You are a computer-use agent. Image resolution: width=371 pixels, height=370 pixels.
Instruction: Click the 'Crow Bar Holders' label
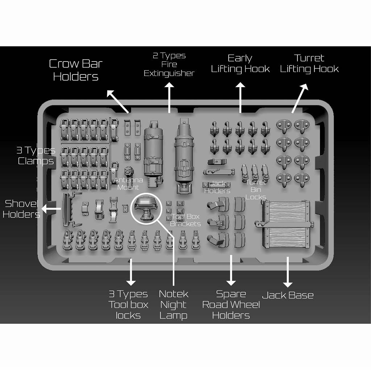pyautogui.click(x=76, y=70)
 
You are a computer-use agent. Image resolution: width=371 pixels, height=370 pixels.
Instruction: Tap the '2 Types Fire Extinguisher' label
pyautogui.click(x=169, y=64)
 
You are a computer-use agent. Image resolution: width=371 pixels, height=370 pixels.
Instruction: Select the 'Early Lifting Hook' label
pyautogui.click(x=240, y=64)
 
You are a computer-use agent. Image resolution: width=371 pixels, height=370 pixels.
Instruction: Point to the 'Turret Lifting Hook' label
pyautogui.click(x=309, y=64)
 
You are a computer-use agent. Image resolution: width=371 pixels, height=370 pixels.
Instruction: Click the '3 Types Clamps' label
pyautogui.click(x=36, y=156)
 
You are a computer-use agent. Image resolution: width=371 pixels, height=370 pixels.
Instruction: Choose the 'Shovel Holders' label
pyautogui.click(x=21, y=209)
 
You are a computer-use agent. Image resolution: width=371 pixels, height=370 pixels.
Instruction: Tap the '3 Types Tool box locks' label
pyautogui.click(x=128, y=305)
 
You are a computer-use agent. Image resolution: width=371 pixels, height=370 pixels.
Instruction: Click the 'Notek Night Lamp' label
pyautogui.click(x=174, y=305)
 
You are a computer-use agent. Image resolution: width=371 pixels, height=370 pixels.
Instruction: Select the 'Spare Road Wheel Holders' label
pyautogui.click(x=231, y=305)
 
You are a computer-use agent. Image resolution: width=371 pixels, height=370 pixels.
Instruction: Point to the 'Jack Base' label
pyautogui.click(x=288, y=295)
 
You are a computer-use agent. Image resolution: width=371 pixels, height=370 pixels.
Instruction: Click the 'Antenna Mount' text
pyautogui.click(x=128, y=184)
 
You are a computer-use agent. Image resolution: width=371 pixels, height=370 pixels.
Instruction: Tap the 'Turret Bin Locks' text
pyautogui.click(x=255, y=190)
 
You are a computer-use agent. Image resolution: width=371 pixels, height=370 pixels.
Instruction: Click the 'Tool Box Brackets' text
pyautogui.click(x=185, y=220)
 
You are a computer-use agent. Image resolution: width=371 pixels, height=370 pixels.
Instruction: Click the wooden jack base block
pyautogui.click(x=285, y=224)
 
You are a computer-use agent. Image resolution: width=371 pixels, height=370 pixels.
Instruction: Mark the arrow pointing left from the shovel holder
pyautogui.click(x=51, y=209)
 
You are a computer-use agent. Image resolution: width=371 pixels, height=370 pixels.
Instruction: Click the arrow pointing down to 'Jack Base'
pyautogui.click(x=288, y=272)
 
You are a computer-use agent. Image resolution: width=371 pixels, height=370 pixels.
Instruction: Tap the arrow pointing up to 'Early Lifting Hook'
pyautogui.click(x=240, y=98)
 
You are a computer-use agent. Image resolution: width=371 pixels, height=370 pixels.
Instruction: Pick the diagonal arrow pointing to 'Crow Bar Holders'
pyautogui.click(x=118, y=102)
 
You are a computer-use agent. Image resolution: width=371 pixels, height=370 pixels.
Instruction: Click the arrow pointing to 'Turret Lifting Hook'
pyautogui.click(x=300, y=98)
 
